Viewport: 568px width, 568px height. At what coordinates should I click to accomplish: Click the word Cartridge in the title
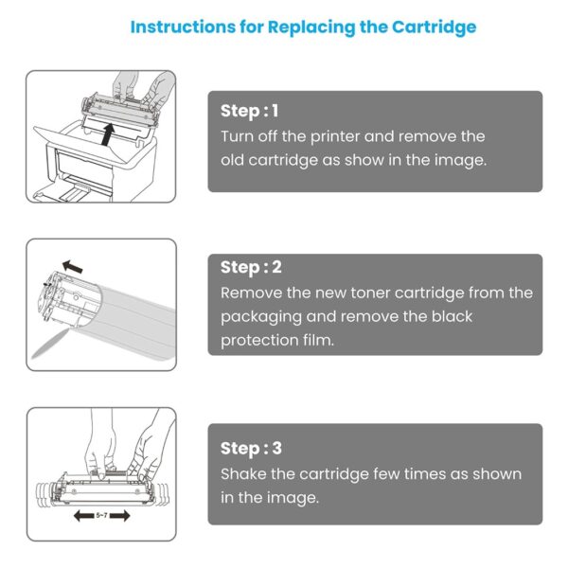(x=434, y=27)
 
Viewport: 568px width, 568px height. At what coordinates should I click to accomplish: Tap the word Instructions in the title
(x=183, y=27)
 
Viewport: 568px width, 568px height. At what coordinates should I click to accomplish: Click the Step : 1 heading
(x=250, y=111)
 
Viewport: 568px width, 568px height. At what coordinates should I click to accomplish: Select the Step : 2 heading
(x=251, y=268)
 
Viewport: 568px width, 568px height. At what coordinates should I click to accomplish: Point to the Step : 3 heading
(x=251, y=449)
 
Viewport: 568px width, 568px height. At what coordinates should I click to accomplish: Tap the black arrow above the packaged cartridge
(x=73, y=266)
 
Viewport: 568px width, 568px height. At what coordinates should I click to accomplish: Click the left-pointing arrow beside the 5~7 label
(x=84, y=516)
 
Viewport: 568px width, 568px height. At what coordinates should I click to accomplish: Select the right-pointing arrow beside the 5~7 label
(x=119, y=516)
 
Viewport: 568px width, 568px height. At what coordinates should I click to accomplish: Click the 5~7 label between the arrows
(x=102, y=515)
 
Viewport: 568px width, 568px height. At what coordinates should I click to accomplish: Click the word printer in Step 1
(x=335, y=137)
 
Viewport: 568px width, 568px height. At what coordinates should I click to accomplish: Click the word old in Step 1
(x=232, y=160)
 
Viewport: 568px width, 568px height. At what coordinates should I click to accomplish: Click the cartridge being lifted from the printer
(x=120, y=110)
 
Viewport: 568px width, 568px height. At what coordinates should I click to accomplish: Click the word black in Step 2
(x=452, y=316)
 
